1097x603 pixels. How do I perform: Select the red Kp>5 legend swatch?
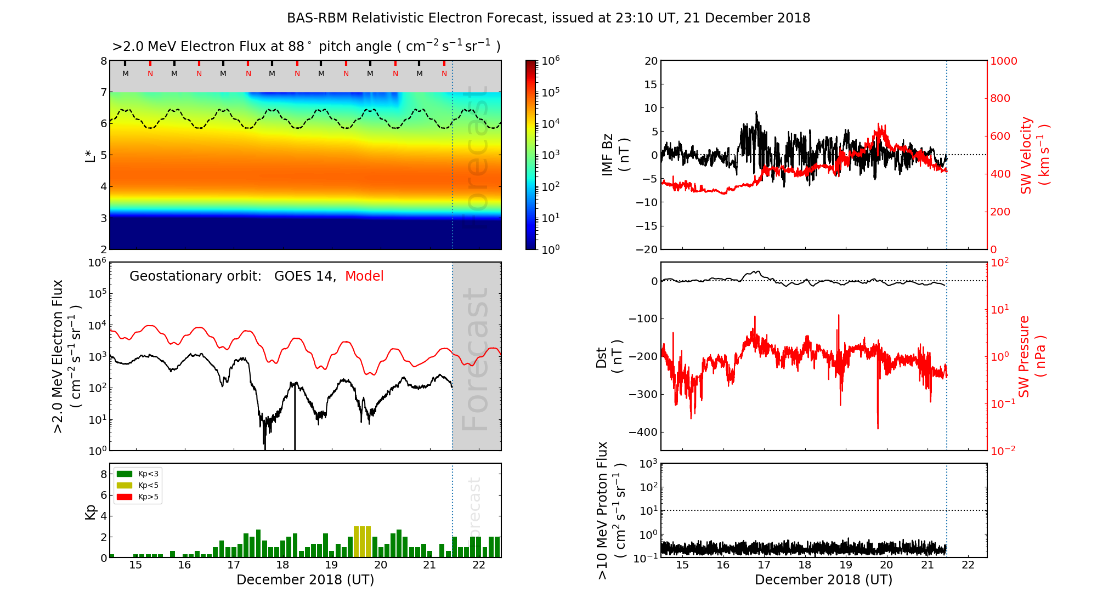coord(125,497)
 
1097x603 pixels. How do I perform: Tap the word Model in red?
coord(364,276)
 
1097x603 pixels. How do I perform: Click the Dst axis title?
coord(609,357)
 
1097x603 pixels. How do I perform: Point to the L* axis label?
coord(91,155)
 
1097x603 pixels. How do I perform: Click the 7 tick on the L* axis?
coord(103,92)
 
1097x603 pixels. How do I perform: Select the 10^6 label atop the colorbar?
coord(550,61)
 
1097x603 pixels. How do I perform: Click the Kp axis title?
coord(91,511)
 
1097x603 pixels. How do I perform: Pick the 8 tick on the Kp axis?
coord(103,474)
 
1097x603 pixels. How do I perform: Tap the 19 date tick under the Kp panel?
coord(331,565)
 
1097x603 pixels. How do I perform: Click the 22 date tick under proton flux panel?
coord(968,565)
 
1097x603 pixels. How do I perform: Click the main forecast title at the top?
coord(548,18)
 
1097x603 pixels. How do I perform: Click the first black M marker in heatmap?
coord(126,73)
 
